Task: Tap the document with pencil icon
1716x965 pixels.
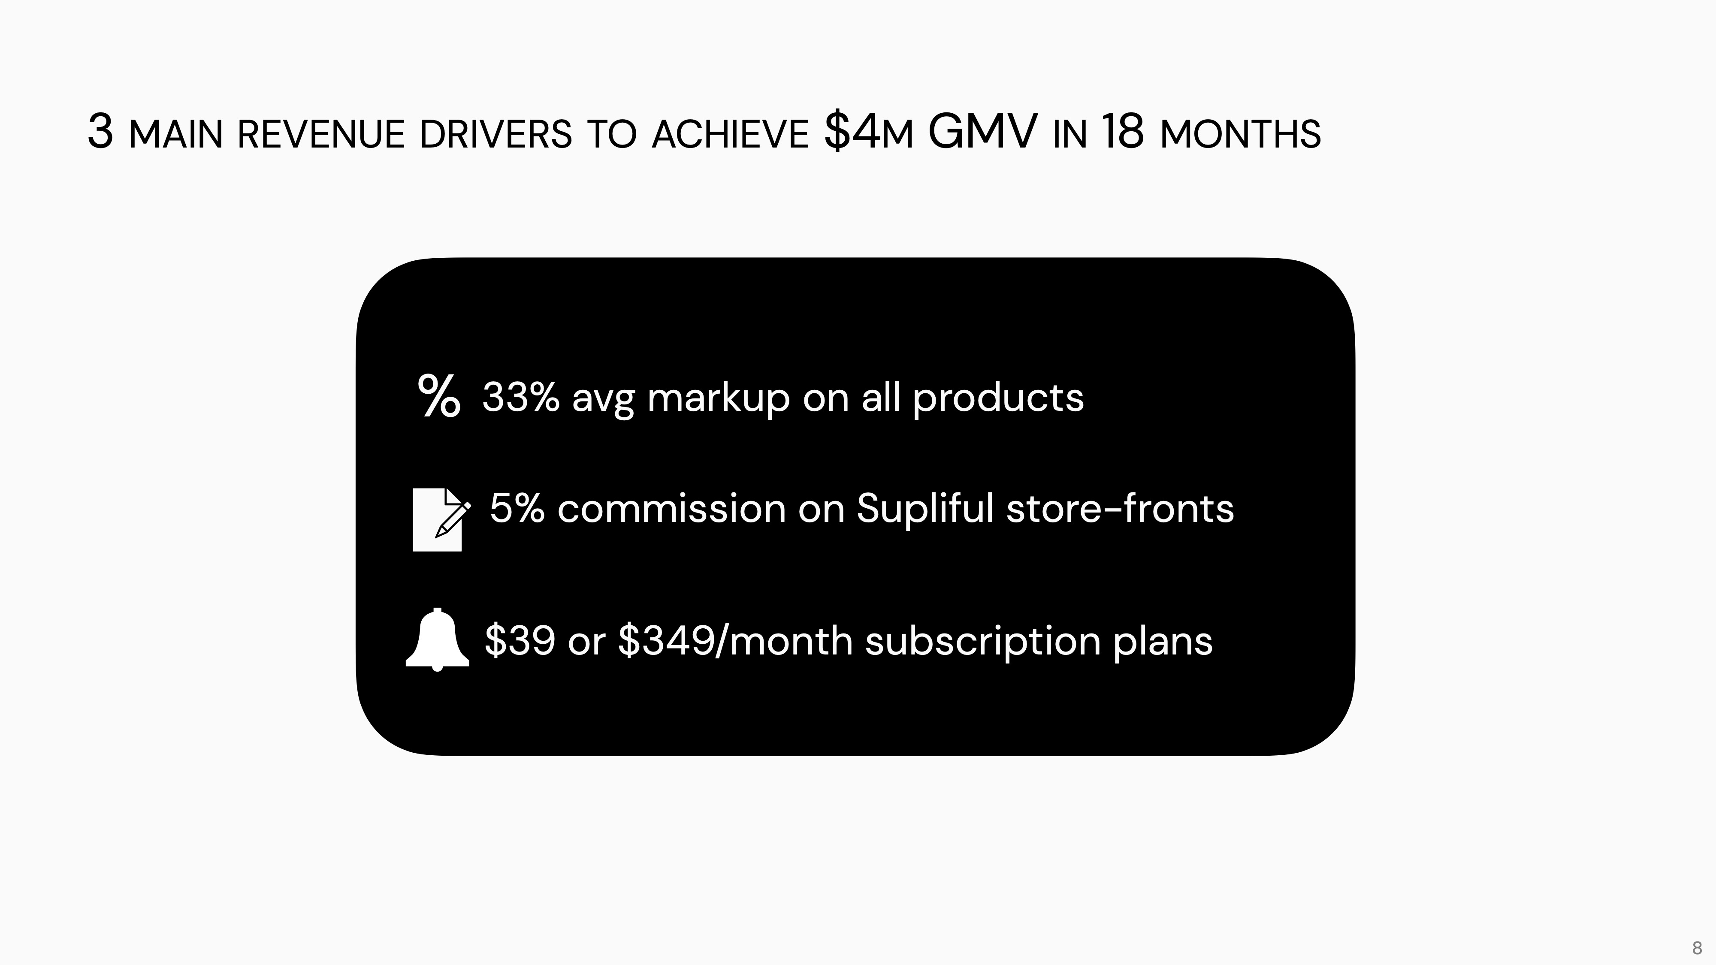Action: (441, 519)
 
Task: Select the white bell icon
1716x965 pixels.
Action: (437, 639)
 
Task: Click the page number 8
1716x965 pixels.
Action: (1697, 948)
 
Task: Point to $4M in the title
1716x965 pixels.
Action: (868, 132)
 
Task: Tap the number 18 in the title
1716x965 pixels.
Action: (1122, 131)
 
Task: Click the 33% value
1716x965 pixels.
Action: (521, 398)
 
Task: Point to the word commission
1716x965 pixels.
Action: (671, 509)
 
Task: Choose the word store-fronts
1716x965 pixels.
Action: (1120, 509)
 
